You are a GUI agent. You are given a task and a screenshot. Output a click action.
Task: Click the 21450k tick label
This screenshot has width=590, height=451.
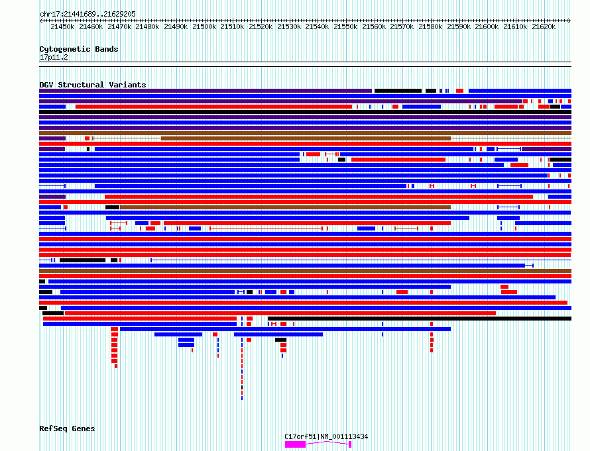pos(62,26)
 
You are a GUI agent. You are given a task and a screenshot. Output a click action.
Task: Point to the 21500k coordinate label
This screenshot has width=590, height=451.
pos(204,26)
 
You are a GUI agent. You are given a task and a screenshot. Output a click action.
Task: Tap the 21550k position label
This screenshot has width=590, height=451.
pos(345,26)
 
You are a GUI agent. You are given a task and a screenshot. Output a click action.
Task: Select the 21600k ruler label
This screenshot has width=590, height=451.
pos(487,26)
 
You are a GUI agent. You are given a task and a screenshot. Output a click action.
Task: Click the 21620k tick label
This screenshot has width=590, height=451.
pos(543,26)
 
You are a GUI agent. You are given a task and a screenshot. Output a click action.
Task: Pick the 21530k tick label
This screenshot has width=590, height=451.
pos(289,26)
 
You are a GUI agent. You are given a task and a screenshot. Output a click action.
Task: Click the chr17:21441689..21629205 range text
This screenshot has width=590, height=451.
pos(88,14)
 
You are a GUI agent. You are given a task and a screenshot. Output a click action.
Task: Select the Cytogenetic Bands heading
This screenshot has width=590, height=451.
pos(78,49)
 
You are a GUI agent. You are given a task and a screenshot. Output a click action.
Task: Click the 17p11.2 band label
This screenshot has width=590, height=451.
pos(53,57)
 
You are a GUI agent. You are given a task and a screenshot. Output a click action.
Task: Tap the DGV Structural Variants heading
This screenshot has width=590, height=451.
pos(92,85)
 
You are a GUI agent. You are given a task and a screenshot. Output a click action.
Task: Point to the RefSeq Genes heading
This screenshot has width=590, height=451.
pos(67,428)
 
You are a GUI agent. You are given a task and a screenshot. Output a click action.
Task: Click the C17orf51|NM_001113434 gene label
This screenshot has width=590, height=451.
pos(326,436)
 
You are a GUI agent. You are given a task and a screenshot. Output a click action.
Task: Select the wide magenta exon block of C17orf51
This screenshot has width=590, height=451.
pos(295,444)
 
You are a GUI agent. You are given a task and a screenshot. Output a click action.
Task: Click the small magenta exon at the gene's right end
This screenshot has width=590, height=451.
pos(349,444)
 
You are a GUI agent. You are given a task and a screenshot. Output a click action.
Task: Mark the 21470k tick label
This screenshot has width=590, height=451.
pos(119,26)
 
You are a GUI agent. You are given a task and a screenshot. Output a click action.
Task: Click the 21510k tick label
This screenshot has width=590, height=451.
pos(233,26)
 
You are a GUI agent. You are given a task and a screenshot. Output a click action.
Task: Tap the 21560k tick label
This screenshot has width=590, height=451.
pos(374,26)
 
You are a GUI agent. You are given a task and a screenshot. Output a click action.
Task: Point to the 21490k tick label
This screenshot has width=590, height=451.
pos(176,26)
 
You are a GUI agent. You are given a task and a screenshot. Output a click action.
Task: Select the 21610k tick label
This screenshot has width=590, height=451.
pos(515,26)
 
